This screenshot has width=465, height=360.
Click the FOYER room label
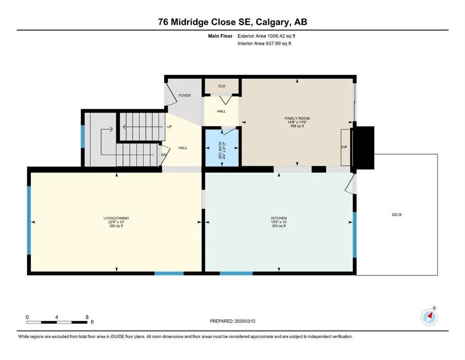tap(185, 96)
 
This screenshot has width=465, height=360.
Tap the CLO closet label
tap(221, 86)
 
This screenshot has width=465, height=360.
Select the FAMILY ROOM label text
tap(297, 119)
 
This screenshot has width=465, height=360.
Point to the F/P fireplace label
tap(344, 147)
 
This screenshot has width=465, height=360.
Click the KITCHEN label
tap(279, 218)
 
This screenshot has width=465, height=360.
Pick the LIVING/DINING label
tap(116, 218)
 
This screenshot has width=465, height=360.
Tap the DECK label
tap(397, 215)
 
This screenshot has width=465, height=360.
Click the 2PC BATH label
tap(220, 150)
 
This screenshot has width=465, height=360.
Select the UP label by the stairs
tap(170, 127)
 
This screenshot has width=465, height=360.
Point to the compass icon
tap(429, 317)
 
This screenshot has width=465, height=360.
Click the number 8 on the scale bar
tap(87, 317)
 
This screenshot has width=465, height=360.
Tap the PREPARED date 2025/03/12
tap(245, 321)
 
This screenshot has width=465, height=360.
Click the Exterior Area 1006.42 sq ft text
tap(266, 36)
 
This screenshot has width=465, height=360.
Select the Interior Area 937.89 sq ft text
tap(264, 43)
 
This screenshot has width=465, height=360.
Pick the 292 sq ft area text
tap(116, 226)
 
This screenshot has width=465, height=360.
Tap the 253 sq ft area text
tap(279, 226)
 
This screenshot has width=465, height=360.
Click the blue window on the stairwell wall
tap(83, 136)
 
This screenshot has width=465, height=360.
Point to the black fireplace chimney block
tap(363, 148)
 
